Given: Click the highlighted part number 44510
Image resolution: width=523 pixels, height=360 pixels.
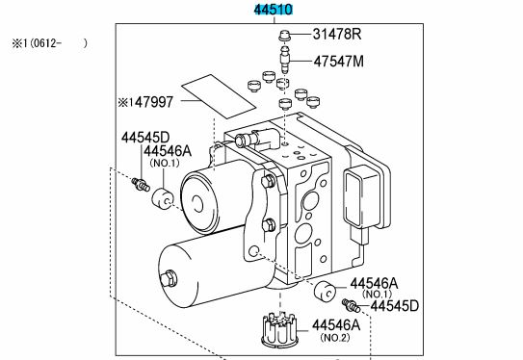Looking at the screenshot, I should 275,11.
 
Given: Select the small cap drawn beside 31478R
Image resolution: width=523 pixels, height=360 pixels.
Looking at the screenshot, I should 283,38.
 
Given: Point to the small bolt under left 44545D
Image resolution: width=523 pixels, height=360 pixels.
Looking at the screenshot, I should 141,182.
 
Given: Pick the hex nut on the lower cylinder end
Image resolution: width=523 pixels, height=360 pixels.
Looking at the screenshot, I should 171,280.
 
